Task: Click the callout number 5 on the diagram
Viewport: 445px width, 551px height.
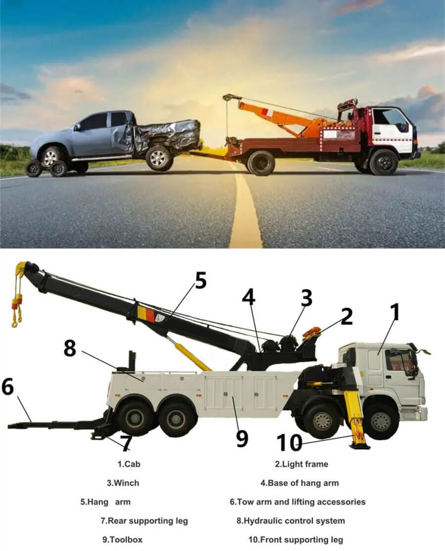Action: [x=200, y=281]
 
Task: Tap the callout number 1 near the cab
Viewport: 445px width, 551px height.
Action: [x=395, y=312]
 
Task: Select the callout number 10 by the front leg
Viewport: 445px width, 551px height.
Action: [x=289, y=442]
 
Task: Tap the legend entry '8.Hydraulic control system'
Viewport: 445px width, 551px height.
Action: [x=291, y=521]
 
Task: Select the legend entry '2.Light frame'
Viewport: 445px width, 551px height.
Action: [x=301, y=464]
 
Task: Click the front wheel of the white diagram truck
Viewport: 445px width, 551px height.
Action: [x=381, y=421]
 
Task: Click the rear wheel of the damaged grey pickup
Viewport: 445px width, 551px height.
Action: [x=159, y=158]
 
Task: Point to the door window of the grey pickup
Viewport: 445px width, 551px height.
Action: [x=97, y=121]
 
